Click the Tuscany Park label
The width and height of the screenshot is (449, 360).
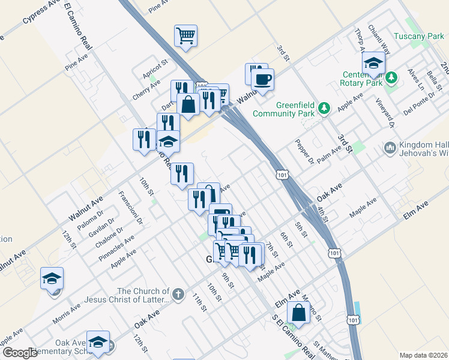[418, 37]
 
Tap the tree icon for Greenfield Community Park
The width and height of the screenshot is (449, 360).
[325, 108]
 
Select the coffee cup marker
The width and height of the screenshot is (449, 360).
[263, 79]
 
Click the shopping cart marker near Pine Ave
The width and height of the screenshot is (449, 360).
[186, 35]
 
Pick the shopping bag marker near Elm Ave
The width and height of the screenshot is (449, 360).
[298, 312]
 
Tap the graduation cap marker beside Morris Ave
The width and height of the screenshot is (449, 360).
[52, 278]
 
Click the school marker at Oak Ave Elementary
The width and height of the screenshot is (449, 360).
[98, 342]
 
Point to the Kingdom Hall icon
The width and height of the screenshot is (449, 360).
[390, 147]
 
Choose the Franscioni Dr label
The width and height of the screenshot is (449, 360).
[130, 208]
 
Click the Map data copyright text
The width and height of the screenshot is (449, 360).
[423, 355]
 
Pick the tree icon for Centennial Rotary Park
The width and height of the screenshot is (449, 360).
[392, 77]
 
